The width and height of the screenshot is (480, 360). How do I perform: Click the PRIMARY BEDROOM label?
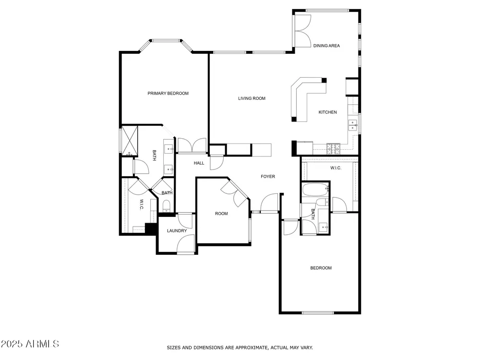coord(168,94)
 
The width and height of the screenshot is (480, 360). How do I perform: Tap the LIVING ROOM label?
coord(252,98)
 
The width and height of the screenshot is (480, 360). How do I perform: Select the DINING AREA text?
coord(326,46)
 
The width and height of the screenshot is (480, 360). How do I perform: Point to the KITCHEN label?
coord(327,112)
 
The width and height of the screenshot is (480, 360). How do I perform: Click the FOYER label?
coord(268,176)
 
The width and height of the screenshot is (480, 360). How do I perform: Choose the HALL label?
coord(199,163)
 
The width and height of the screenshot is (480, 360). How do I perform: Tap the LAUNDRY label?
coord(177,230)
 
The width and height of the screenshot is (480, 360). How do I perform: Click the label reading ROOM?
coord(221,214)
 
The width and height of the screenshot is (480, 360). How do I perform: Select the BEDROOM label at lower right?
coord(321,268)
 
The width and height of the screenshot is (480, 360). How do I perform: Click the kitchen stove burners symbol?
coord(333,148)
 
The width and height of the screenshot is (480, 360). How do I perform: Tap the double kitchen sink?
coord(353,125)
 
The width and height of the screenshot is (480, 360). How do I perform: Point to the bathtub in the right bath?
coord(316,190)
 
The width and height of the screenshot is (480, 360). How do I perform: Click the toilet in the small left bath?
coord(166,205)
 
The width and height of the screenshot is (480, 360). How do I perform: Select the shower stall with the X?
coord(130,140)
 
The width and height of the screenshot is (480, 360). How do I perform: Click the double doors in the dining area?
coord(302,31)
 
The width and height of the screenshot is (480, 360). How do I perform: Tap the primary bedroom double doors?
coord(192,145)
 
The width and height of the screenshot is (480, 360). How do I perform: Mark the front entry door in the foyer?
coord(269,203)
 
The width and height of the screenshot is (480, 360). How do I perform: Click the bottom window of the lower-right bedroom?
coord(318,312)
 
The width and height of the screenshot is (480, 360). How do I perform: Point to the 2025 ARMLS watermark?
coord(30,344)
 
